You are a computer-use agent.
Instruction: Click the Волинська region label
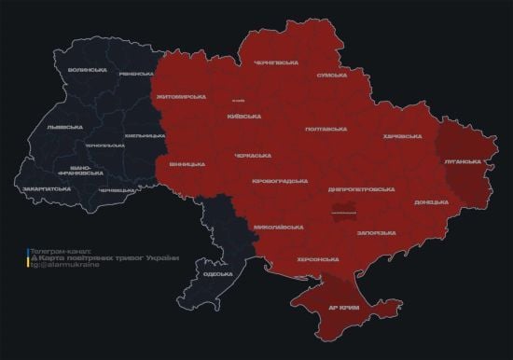(87, 70)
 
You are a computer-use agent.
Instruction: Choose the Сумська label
(332, 75)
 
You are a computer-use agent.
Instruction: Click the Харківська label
(402, 136)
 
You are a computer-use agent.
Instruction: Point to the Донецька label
(431, 201)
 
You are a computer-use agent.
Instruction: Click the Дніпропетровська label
(361, 188)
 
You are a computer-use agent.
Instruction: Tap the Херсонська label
(317, 259)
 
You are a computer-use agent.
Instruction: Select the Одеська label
(217, 274)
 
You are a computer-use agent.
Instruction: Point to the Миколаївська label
(277, 227)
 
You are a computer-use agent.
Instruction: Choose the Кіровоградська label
(280, 180)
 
